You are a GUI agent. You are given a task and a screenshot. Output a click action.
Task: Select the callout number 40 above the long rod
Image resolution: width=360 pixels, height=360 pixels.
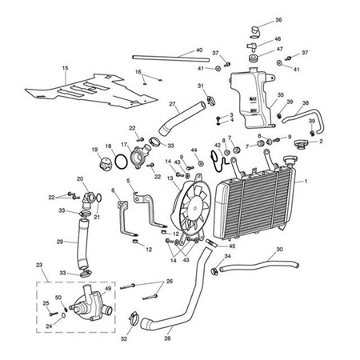pos(198,50)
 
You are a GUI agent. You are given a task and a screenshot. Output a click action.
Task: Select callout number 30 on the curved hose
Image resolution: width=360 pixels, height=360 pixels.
pos(278,250)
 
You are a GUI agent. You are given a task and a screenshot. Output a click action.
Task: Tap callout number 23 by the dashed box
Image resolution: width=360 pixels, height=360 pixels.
pos(39,265)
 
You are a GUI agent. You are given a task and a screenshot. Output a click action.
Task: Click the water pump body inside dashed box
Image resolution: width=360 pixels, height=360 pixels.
pos(86,306)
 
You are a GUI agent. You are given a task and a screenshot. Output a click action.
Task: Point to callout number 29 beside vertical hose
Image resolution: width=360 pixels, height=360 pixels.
pos(59,241)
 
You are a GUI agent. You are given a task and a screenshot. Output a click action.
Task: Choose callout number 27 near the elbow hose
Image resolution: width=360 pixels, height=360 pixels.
pos(172,104)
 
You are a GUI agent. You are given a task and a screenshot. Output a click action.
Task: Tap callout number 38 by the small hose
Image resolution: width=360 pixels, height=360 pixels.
pos(304,103)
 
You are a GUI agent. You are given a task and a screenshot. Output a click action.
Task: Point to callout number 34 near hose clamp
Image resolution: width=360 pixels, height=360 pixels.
pos(227,256)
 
